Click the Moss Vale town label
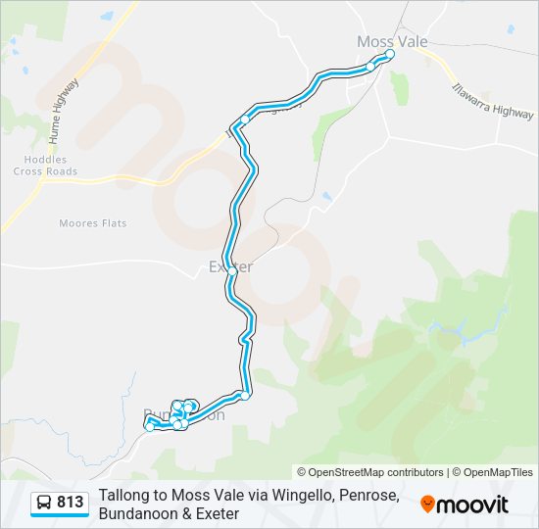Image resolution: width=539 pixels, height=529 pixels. click(390, 41)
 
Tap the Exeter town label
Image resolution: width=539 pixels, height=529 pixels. click(231, 266)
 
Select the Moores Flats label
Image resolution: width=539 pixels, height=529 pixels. click(93, 223)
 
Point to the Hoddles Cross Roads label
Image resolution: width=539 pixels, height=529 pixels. click(45, 166)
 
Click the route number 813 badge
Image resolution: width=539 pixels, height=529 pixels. click(71, 503)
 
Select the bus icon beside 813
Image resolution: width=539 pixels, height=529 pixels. click(45, 504)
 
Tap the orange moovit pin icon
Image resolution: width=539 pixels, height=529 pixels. click(427, 504)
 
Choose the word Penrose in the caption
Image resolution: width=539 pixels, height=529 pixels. click(368, 496)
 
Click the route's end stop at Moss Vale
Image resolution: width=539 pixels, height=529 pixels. click(389, 55)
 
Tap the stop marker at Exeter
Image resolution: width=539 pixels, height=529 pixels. click(231, 273)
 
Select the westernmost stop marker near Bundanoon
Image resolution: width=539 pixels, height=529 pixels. click(149, 426)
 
